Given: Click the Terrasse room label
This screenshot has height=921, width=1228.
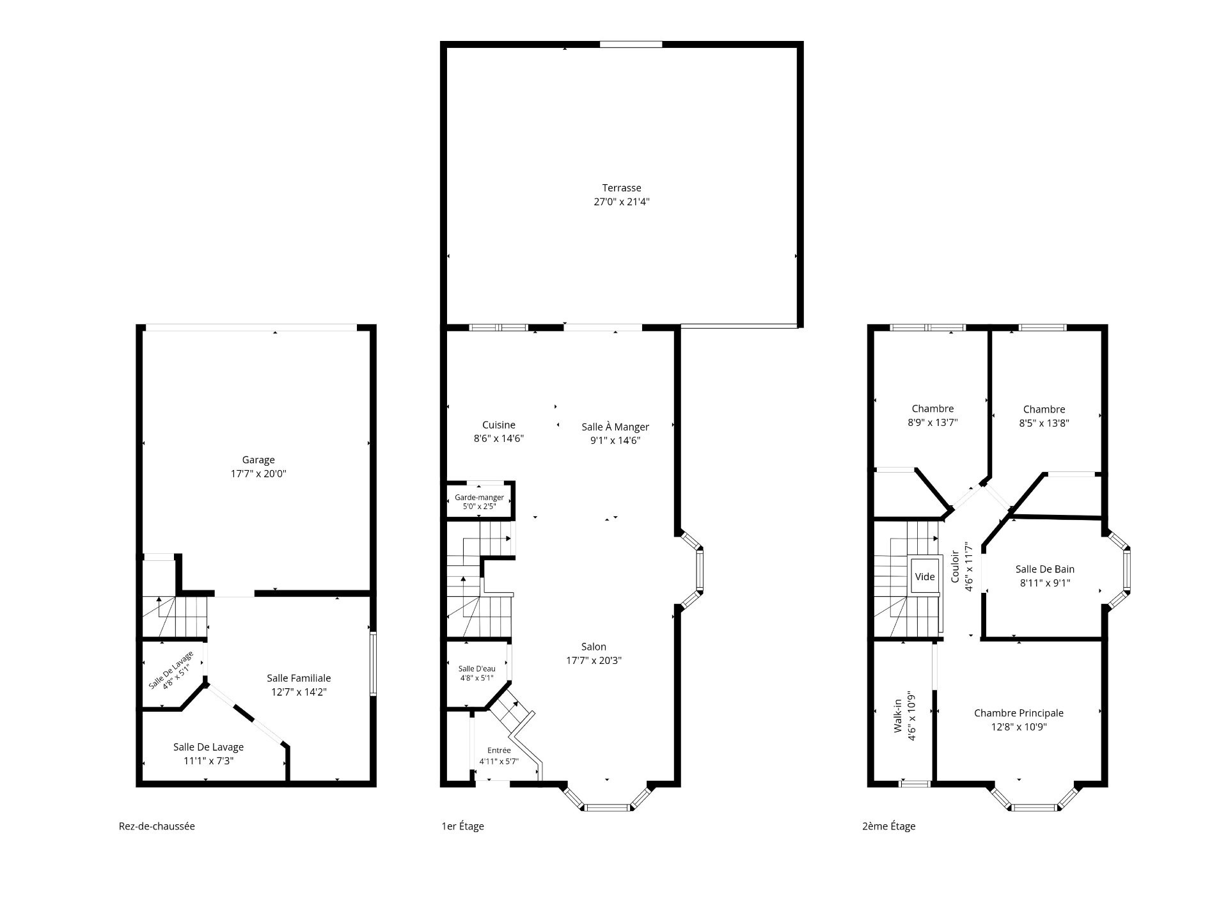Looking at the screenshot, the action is tap(621, 188).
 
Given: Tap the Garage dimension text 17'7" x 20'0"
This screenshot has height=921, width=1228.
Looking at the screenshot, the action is tap(258, 474).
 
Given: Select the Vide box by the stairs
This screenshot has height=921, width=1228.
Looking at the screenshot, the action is tap(925, 577).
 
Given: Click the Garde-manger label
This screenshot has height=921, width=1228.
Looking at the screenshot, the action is tap(479, 498).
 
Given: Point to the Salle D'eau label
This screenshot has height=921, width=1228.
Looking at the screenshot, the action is tap(476, 669).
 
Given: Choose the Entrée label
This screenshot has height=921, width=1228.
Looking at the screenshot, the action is tap(499, 750).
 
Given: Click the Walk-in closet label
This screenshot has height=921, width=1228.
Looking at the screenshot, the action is tap(898, 716).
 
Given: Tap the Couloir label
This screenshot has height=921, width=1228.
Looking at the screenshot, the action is tap(955, 567).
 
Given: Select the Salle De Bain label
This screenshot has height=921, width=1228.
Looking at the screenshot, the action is tap(1045, 569).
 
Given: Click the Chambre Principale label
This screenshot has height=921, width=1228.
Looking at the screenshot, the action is tap(1019, 713).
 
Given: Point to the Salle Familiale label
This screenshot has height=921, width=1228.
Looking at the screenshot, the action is tap(299, 678).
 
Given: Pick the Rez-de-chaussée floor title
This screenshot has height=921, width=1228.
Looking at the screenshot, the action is tap(157, 826).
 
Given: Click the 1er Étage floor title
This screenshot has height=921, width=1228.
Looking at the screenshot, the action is tap(463, 826).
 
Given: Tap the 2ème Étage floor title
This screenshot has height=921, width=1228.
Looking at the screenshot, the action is tap(889, 826).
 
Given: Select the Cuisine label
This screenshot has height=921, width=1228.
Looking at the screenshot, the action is tap(499, 425).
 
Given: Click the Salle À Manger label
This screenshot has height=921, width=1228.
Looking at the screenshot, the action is tap(615, 427).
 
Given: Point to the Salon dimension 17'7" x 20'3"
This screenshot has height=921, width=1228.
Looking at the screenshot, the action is tap(594, 661).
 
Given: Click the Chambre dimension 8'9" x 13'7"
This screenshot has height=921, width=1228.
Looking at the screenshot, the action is tap(933, 423).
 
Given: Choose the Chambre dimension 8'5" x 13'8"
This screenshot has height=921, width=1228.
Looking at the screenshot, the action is tap(1044, 423).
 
